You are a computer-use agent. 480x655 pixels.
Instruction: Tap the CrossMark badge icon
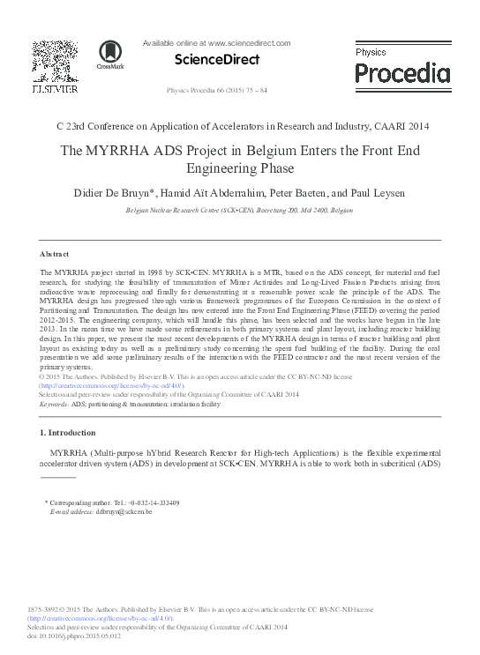point(110,55)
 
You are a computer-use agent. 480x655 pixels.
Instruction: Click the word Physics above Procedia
point(371,52)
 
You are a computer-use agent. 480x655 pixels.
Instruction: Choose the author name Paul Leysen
point(381,192)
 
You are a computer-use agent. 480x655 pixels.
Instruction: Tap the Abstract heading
point(55,253)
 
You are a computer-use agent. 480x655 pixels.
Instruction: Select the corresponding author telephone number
point(154,502)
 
